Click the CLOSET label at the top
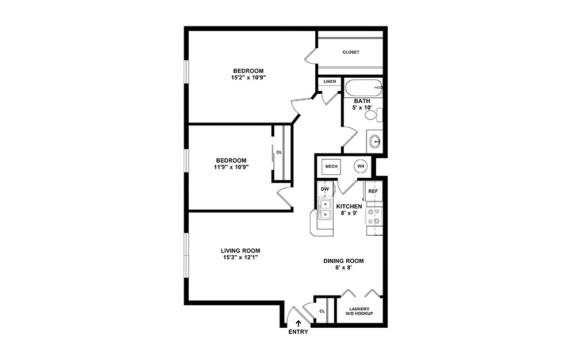tap(351, 52)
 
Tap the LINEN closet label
tap(330, 82)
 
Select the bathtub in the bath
tap(362, 89)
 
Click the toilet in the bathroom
tap(372, 116)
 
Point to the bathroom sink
tap(375, 140)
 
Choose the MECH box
tap(331, 166)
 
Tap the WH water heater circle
tap(361, 166)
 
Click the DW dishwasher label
tap(324, 189)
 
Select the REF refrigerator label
tap(373, 192)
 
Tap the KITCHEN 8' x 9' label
tap(349, 210)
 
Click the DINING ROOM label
tap(343, 261)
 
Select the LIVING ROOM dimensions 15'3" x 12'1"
tap(240, 258)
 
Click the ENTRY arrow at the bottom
tap(299, 323)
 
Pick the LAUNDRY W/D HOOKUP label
tap(359, 311)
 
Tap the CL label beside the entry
tap(322, 311)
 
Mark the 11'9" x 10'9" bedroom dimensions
tap(232, 167)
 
